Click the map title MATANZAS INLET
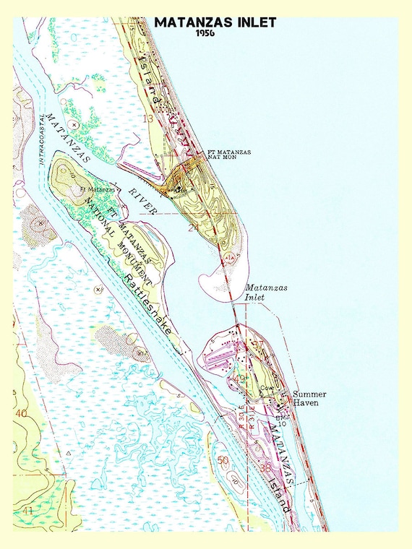[x=215, y=22]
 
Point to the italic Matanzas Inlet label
[x=267, y=292]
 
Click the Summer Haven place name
[x=309, y=398]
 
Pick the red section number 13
[x=148, y=118]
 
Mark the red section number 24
[x=193, y=228]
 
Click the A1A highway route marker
[x=230, y=258]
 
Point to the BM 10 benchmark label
[x=282, y=420]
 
